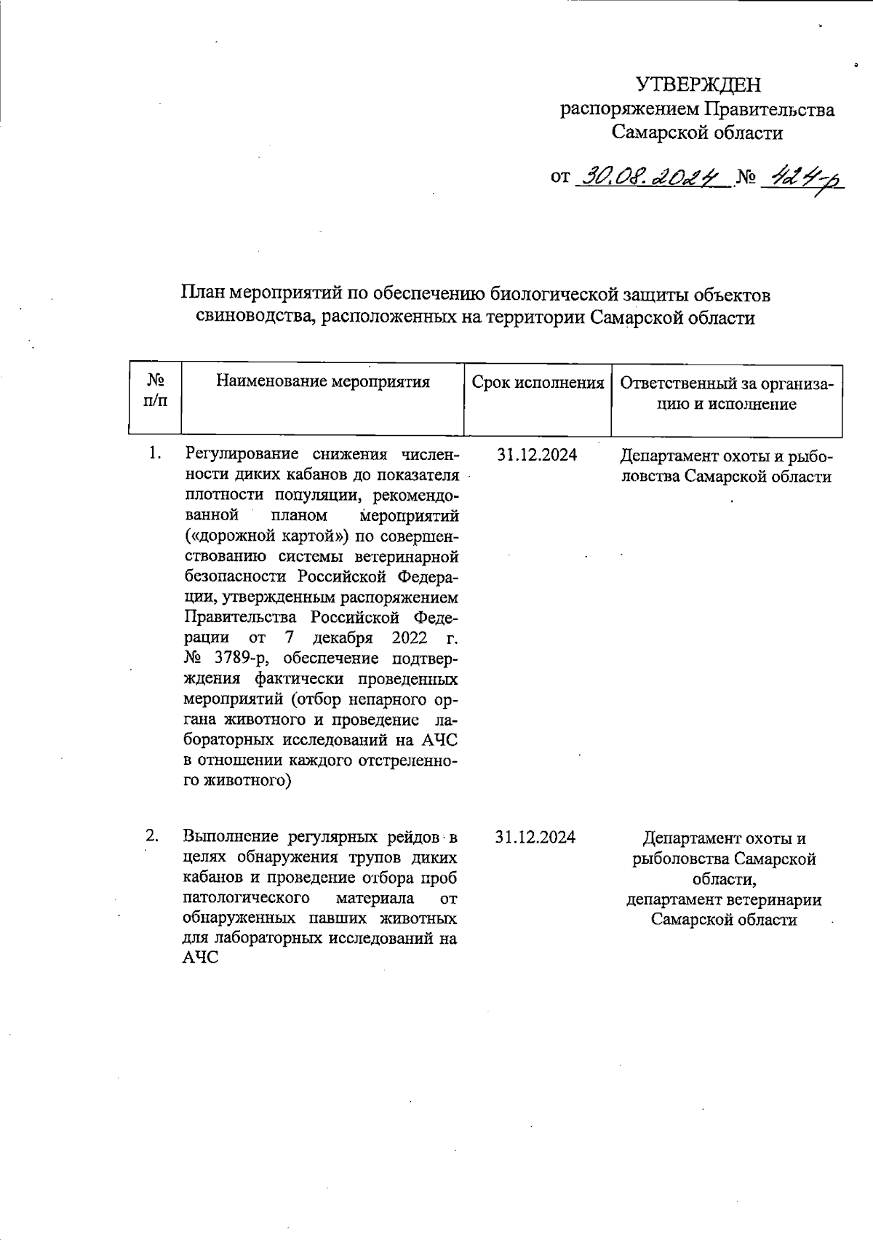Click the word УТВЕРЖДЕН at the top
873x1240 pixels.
(x=698, y=85)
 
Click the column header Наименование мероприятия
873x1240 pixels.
(x=323, y=382)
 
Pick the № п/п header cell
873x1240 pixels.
(x=154, y=391)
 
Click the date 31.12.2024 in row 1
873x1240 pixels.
(x=537, y=456)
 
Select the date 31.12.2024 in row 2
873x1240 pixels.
(x=535, y=837)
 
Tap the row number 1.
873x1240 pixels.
(x=154, y=453)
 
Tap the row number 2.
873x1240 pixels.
(x=152, y=835)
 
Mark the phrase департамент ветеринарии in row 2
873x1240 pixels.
(x=724, y=899)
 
